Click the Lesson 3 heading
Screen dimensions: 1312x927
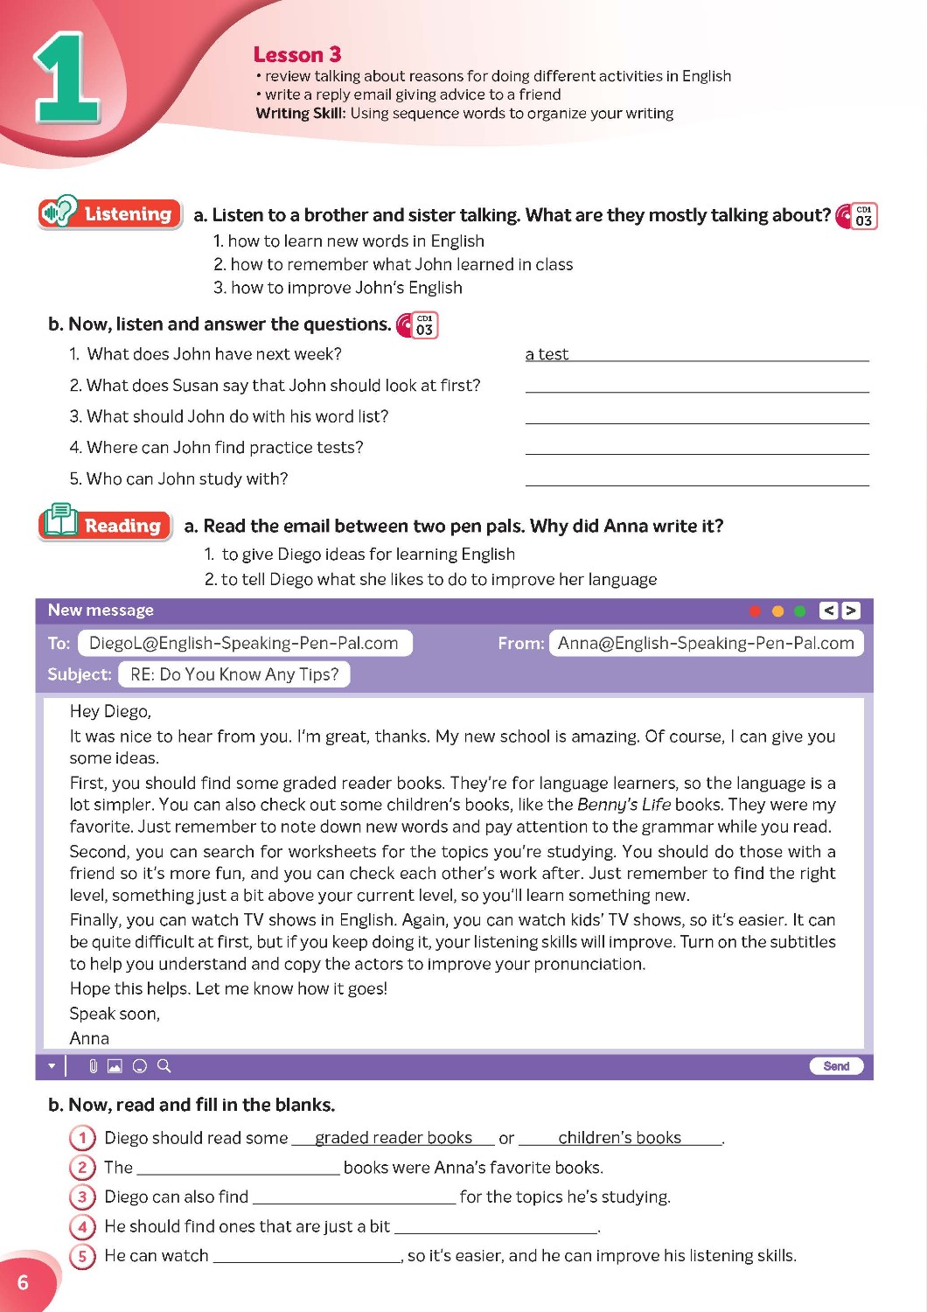296,55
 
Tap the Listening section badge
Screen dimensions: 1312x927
110,213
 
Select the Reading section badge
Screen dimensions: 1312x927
105,525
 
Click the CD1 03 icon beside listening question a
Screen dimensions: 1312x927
857,216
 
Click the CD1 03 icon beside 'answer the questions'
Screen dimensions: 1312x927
418,325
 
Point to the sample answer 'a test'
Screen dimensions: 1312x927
547,354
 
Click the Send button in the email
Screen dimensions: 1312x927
836,1066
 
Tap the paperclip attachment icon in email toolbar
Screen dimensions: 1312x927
93,1066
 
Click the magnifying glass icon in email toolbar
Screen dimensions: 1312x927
164,1066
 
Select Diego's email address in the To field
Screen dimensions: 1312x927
244,644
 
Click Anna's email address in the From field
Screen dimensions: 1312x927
706,644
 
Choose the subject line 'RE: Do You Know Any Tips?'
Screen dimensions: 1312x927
234,674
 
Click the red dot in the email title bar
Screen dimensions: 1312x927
755,611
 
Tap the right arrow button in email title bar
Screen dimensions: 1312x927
851,611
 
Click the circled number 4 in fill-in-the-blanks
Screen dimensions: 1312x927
82,1227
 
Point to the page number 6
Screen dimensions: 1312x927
23,1282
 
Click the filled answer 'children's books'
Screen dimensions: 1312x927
619,1138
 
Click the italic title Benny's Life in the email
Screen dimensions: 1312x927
623,805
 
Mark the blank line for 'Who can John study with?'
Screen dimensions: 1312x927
697,480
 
